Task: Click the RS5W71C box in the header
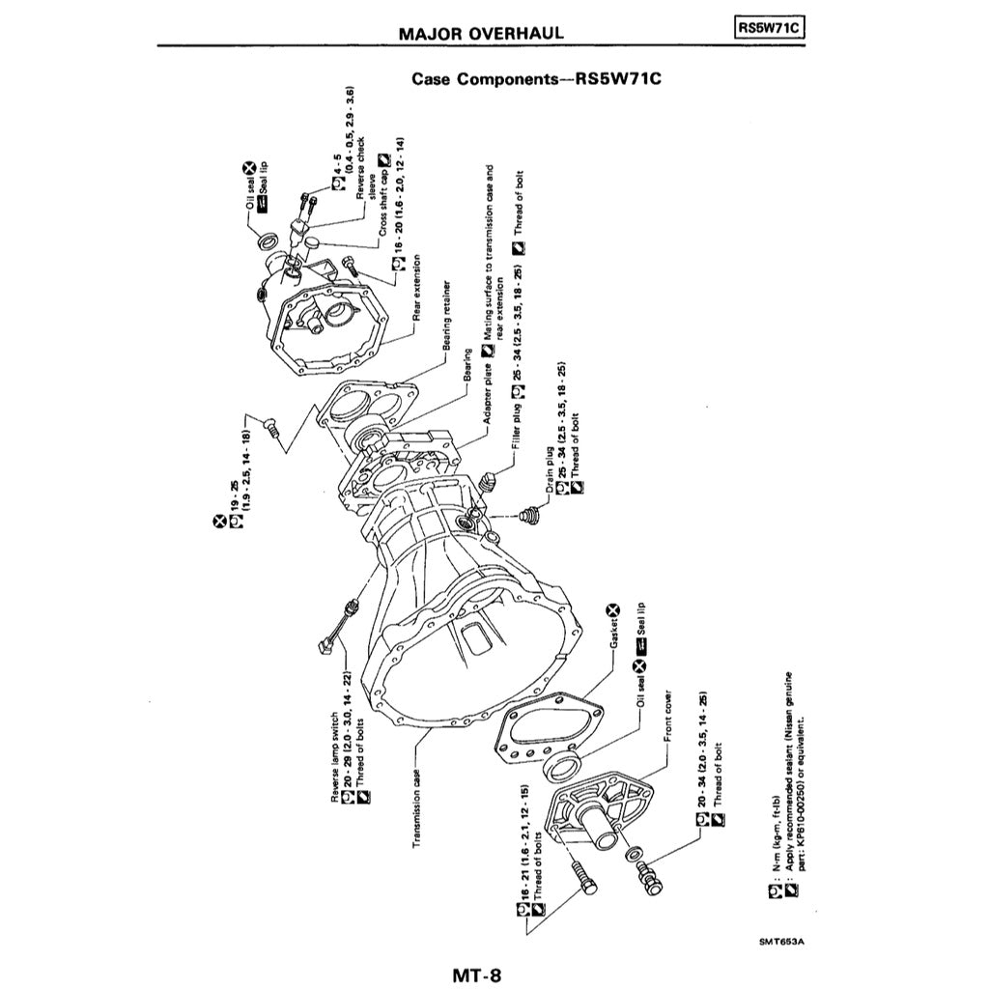click(x=769, y=28)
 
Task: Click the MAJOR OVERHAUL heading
click(x=481, y=33)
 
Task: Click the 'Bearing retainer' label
click(x=448, y=320)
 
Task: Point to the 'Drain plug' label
click(x=549, y=473)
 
